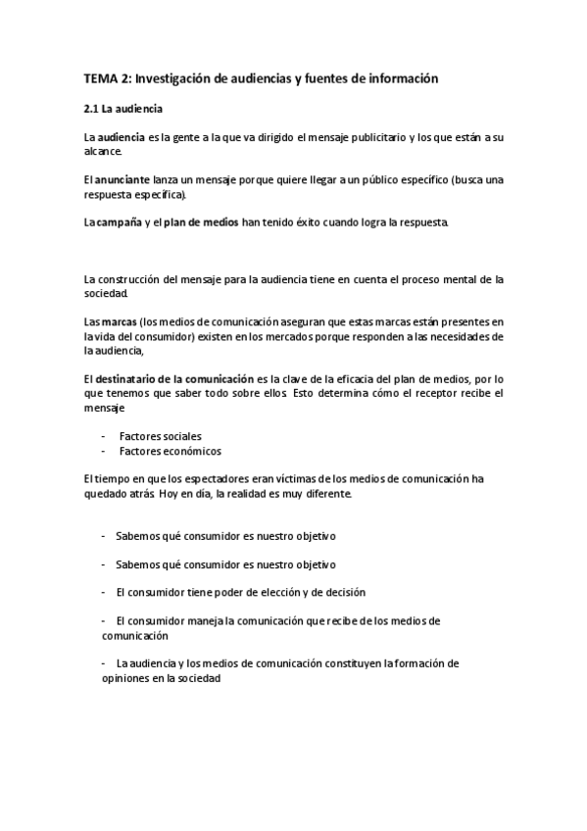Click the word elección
279,592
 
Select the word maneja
199,620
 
